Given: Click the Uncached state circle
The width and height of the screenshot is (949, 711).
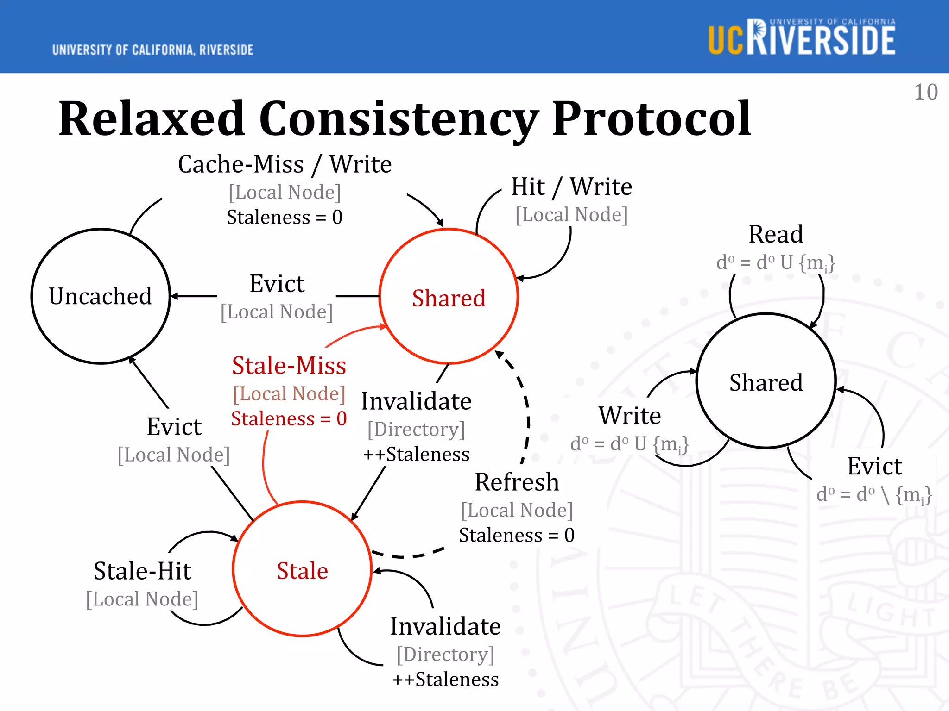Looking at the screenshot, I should click(101, 296).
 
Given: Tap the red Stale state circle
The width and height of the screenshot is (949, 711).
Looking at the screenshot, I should click(302, 570).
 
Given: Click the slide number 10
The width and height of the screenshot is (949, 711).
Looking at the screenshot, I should click(925, 92).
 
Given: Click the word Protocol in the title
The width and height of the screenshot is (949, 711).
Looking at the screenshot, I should click(651, 119).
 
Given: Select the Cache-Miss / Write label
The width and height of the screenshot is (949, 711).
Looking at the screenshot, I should click(285, 164).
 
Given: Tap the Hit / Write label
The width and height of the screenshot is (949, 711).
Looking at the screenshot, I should click(571, 187).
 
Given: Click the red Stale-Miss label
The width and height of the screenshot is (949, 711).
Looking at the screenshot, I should click(289, 365).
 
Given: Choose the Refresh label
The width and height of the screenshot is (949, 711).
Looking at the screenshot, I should click(517, 482).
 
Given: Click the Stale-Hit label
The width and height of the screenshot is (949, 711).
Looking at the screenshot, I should click(142, 570).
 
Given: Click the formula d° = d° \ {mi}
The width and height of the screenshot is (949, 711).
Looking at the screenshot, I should click(873, 494).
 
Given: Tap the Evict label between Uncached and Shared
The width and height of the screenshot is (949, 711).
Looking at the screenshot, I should click(277, 283).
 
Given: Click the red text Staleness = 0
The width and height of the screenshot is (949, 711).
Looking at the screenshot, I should click(289, 418).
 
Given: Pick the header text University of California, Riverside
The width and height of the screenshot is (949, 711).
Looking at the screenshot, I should click(153, 50).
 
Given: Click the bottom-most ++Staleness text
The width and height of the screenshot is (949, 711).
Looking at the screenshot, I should click(445, 679).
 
